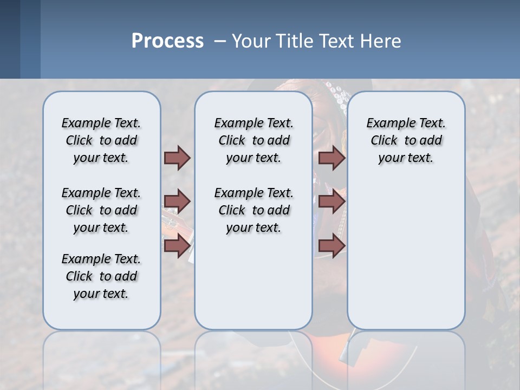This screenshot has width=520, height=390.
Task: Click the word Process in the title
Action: click(x=167, y=41)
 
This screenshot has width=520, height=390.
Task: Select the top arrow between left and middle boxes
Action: click(x=177, y=158)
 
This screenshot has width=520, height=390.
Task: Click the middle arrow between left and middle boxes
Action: click(x=177, y=201)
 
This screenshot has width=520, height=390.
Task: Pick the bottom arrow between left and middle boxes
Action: click(x=177, y=245)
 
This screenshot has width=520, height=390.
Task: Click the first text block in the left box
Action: click(x=101, y=140)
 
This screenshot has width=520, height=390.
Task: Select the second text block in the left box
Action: click(x=101, y=210)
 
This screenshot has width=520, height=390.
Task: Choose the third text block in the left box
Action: click(x=101, y=276)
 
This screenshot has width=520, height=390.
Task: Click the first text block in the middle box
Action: click(x=253, y=140)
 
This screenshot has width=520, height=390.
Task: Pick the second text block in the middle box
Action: click(x=253, y=210)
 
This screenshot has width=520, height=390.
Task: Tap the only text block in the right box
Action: click(x=406, y=140)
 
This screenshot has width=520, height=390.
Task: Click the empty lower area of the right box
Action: click(x=406, y=255)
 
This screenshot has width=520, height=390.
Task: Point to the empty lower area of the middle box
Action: click(x=253, y=282)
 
